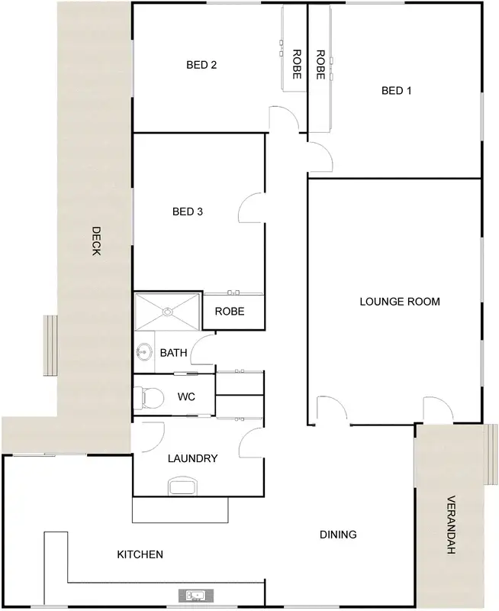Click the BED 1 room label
[396, 91]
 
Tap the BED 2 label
[201, 65]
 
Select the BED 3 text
[187, 212]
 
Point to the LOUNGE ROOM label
[399, 302]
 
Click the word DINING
[337, 535]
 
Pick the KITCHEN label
[139, 554]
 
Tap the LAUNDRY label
[192, 459]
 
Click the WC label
[187, 397]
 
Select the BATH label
[174, 353]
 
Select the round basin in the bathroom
[143, 352]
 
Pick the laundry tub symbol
[182, 487]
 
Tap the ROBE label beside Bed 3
[229, 312]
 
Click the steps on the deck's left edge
[50, 345]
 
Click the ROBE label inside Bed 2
[297, 64]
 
